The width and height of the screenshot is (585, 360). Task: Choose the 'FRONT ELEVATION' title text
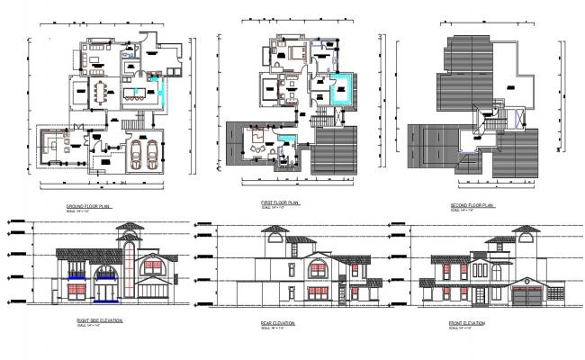pos(466,321)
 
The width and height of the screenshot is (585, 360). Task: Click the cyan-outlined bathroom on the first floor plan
pos(340,91)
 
